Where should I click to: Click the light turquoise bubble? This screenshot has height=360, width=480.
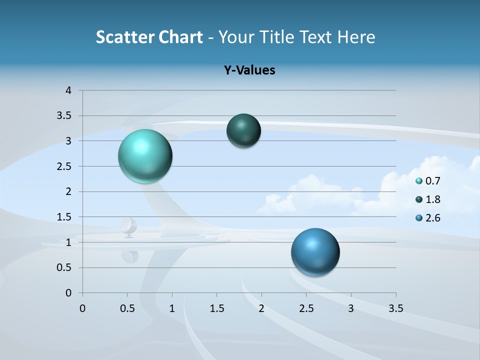pyautogui.click(x=145, y=156)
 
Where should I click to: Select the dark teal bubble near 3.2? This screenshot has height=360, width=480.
pyautogui.click(x=243, y=130)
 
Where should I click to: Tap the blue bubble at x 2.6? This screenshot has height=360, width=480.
pyautogui.click(x=315, y=252)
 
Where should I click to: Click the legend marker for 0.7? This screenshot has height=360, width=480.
pyautogui.click(x=419, y=181)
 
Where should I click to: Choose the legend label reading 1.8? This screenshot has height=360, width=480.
pyautogui.click(x=432, y=199)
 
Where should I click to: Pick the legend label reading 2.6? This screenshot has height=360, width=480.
pyautogui.click(x=432, y=218)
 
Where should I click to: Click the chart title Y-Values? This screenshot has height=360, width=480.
pyautogui.click(x=249, y=70)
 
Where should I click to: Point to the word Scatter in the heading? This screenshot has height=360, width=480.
pyautogui.click(x=125, y=37)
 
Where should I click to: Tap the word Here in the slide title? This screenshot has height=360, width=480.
pyautogui.click(x=355, y=37)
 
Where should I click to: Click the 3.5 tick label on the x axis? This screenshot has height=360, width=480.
pyautogui.click(x=395, y=308)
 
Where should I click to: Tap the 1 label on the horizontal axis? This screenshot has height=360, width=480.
pyautogui.click(x=172, y=308)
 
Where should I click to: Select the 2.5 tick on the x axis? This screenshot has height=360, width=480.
pyautogui.click(x=306, y=308)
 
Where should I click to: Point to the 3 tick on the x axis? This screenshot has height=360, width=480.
pyautogui.click(x=351, y=308)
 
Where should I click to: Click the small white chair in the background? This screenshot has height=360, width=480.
pyautogui.click(x=128, y=227)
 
